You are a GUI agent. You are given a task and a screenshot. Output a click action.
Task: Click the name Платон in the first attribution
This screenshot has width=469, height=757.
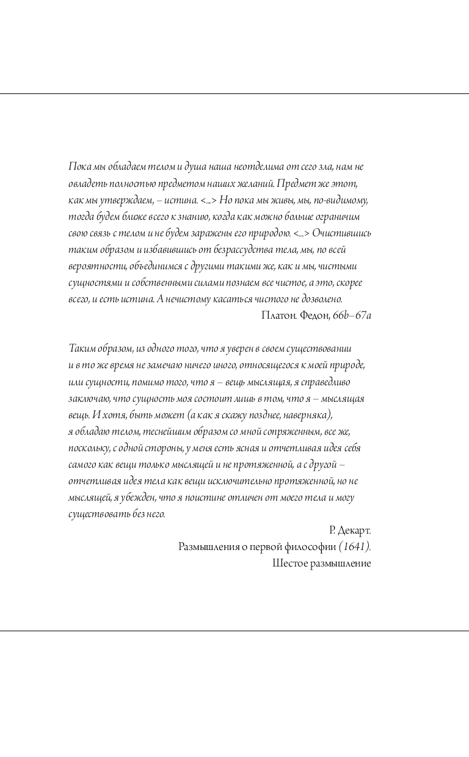point(277,316)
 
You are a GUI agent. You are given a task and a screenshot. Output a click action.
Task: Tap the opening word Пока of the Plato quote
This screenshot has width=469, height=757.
point(78,167)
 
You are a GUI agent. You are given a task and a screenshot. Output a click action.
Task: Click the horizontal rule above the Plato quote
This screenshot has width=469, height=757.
point(234,94)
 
